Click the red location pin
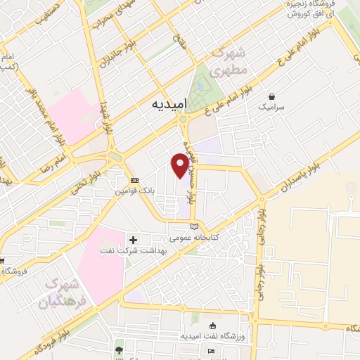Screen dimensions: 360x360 coord(181,165)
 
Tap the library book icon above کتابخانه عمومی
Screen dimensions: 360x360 coord(193,226)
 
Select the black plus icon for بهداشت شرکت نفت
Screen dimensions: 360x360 coord(133,240)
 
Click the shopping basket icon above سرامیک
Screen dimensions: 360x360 coord(271,96)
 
